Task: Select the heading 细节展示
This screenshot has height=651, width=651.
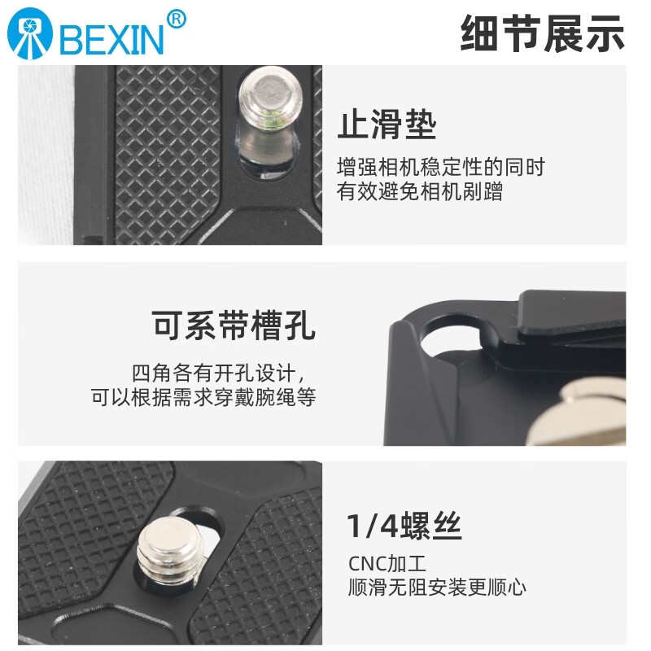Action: point(542,33)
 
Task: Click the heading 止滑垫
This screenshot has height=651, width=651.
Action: point(387,126)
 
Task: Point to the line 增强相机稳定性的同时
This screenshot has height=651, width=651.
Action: point(441,168)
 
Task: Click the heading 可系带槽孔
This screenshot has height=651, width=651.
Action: point(234,325)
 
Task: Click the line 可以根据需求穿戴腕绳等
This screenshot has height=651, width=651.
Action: point(203,398)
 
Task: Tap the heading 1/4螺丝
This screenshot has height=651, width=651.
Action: point(404,526)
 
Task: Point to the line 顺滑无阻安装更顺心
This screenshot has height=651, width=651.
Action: point(437,586)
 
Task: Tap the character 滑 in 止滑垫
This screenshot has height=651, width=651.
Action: point(387,126)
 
